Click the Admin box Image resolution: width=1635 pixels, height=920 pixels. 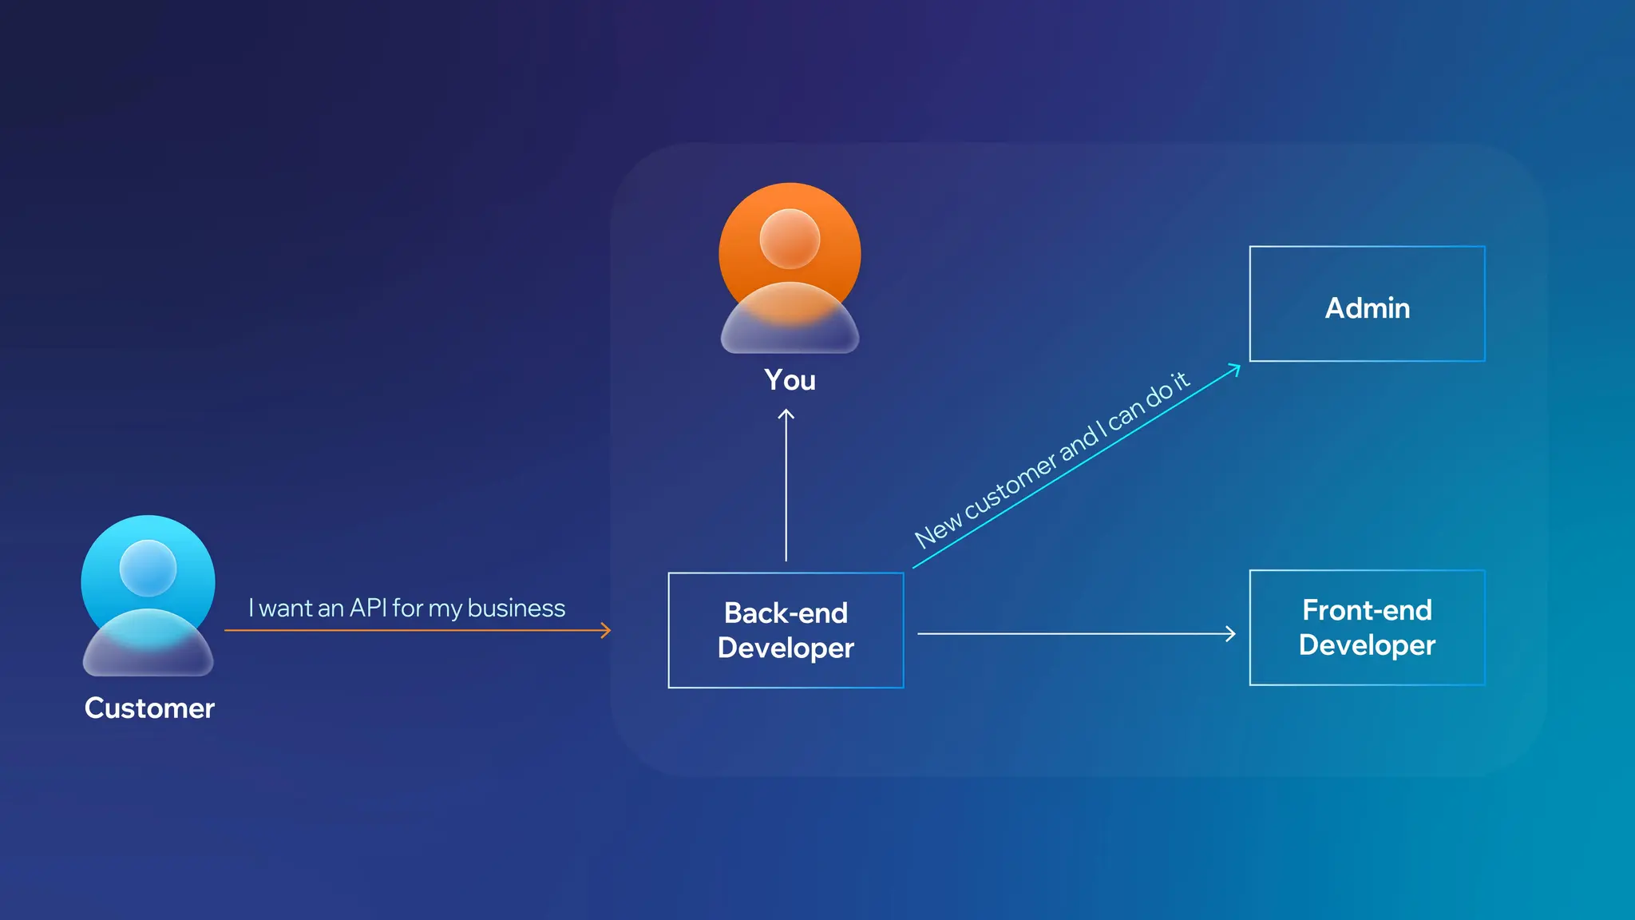coord(1367,304)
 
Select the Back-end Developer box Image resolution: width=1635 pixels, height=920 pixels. coord(786,630)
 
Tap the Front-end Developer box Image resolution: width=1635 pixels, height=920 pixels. coord(1367,628)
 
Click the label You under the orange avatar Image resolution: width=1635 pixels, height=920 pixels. coord(790,380)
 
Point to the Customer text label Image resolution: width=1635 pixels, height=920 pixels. coord(149,708)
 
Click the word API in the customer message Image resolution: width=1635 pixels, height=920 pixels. coord(368,608)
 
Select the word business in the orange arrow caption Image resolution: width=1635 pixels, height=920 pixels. coord(517,608)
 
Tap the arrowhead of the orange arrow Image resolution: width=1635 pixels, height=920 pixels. coord(607,631)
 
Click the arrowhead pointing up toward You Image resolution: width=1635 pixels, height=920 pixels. coord(786,414)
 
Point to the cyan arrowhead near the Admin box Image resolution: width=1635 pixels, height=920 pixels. coord(1236,368)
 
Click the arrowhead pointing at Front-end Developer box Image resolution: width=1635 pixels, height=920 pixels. coord(1231,634)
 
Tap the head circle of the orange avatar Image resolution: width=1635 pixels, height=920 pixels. coord(790,238)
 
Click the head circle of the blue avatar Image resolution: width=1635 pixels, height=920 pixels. coord(148,568)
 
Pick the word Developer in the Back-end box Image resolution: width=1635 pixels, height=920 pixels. coord(786,648)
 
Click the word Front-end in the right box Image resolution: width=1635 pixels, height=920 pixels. coord(1367,610)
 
